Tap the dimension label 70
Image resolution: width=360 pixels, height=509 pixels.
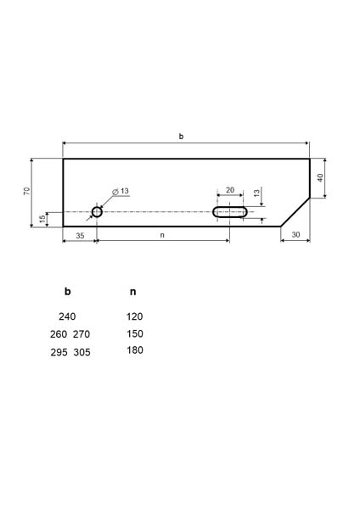(x=26, y=191)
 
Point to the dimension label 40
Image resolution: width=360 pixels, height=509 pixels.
(x=320, y=177)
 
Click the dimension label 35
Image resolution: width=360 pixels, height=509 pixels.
(x=80, y=236)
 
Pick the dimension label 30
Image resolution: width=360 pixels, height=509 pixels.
(x=295, y=235)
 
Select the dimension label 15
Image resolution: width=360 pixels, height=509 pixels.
(x=42, y=219)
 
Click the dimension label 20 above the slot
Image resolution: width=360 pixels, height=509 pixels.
(x=230, y=190)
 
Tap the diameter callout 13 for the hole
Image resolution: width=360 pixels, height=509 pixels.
(x=121, y=191)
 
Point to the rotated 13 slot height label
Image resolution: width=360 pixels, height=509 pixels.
(x=256, y=193)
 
